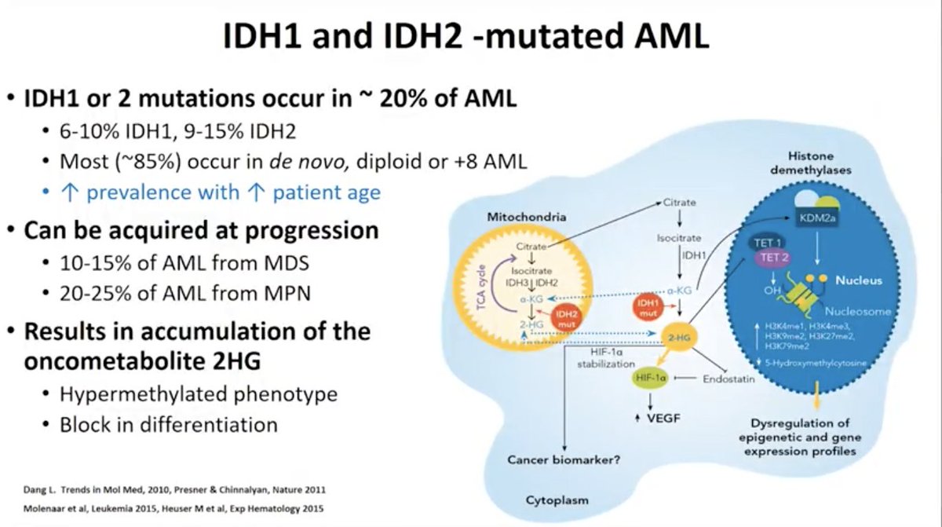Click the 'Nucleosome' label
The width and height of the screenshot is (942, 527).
(856, 311)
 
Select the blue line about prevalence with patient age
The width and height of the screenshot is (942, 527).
(221, 192)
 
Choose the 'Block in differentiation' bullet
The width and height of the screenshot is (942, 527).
(169, 425)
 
